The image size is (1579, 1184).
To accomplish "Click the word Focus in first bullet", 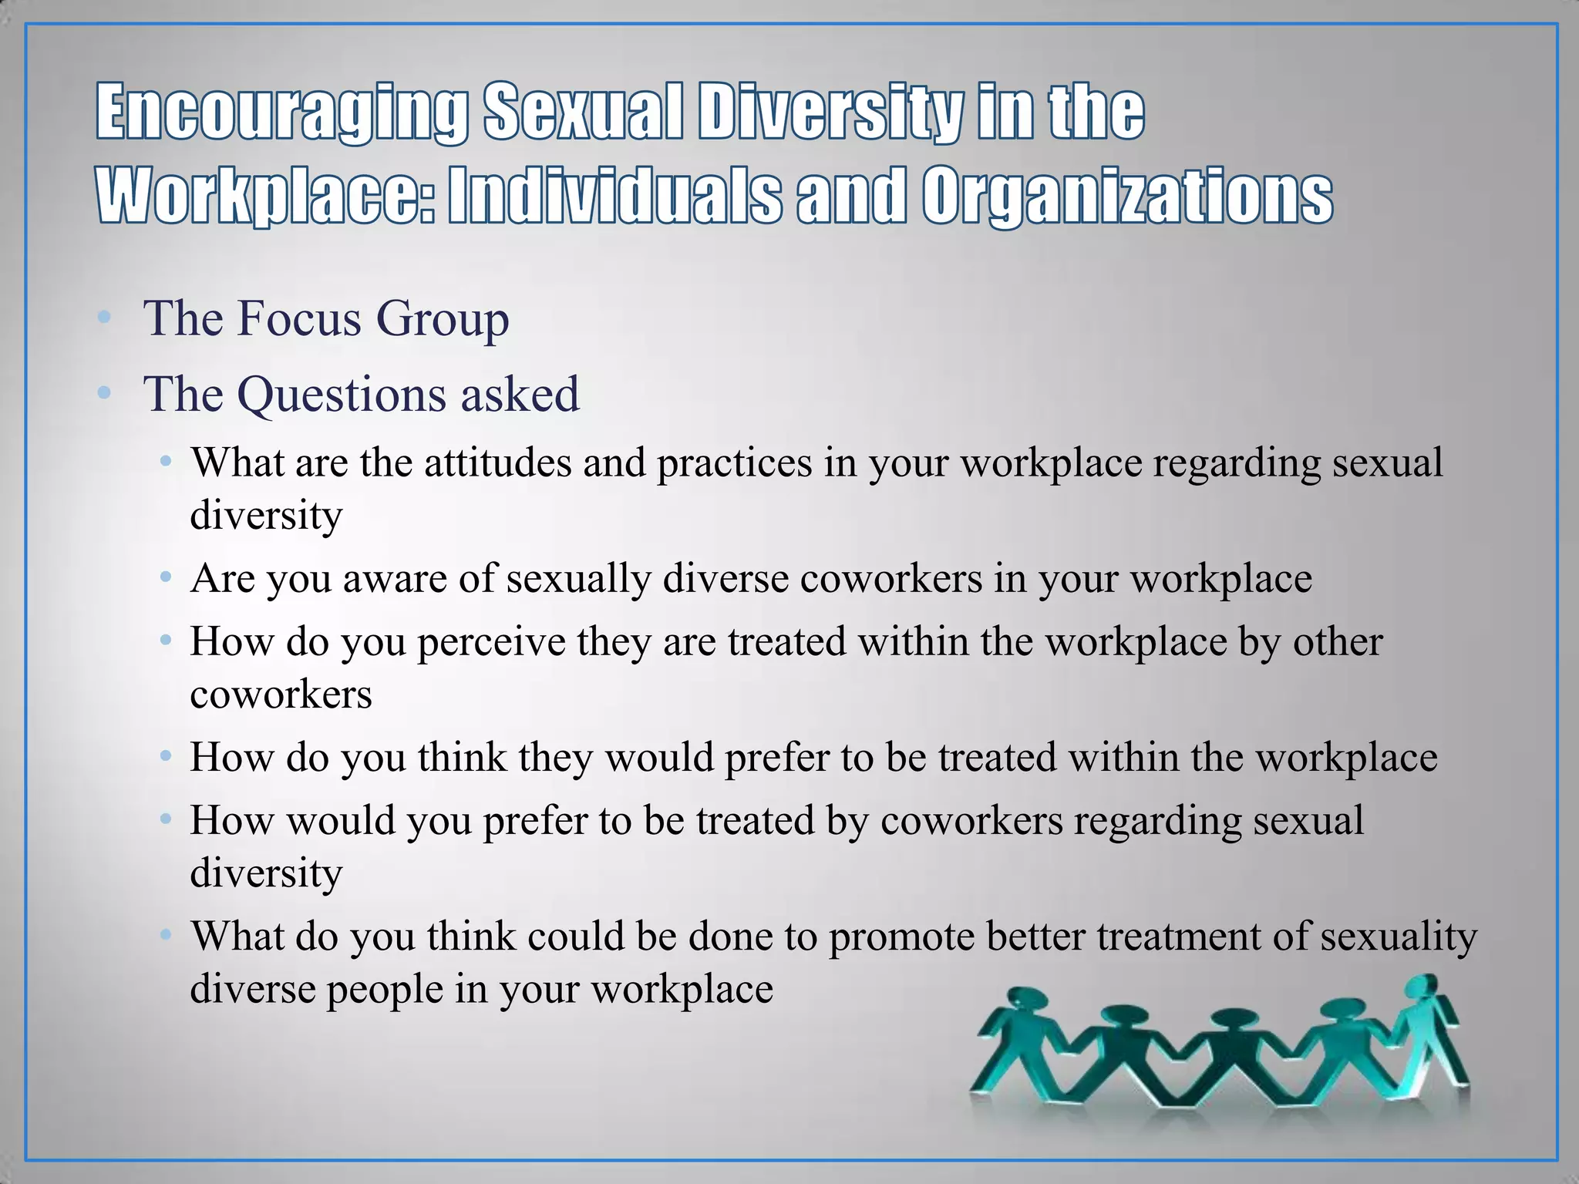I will pos(299,318).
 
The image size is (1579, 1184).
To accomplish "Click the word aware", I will pos(395,578).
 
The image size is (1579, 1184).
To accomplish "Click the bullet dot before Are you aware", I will pos(165,577).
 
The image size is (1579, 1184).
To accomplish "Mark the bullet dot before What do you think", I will pos(165,935).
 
